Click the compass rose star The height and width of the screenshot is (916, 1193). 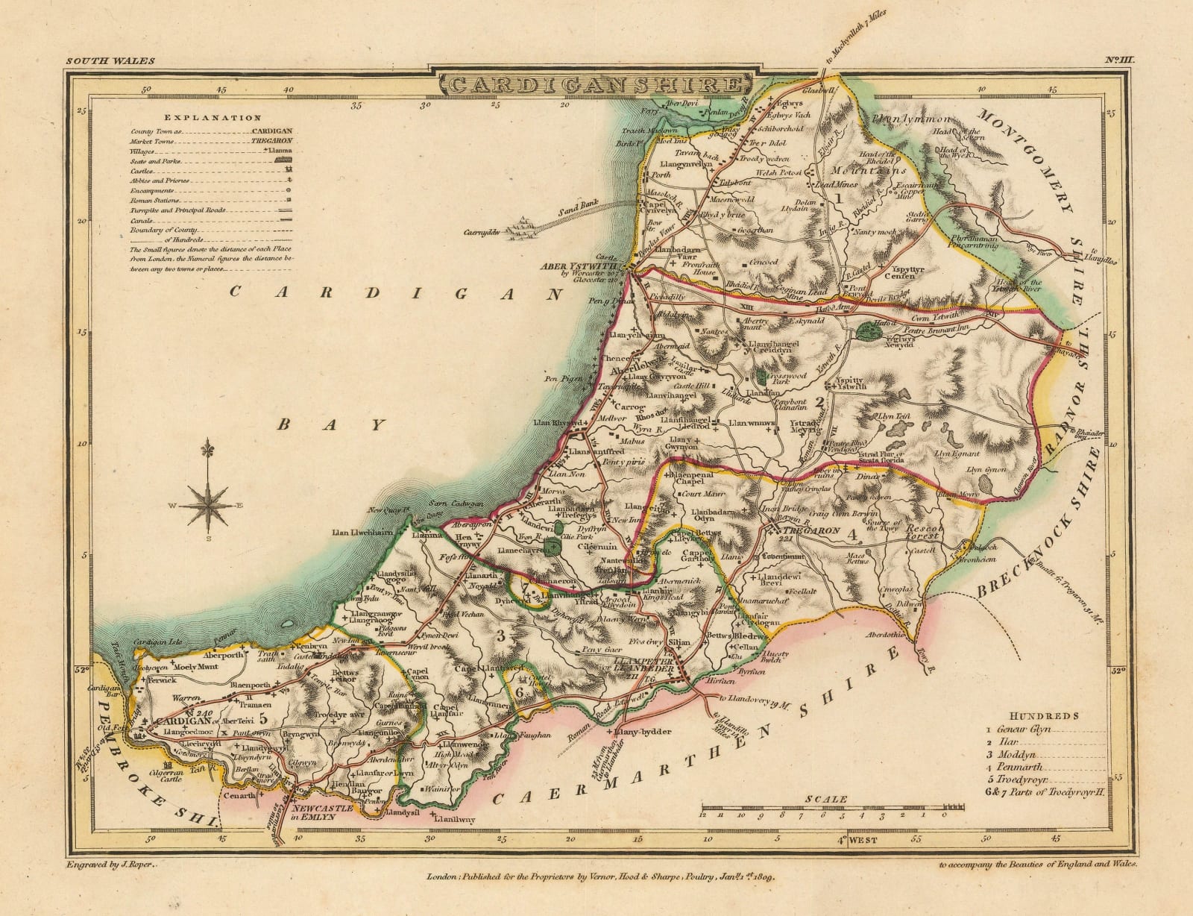click(x=208, y=505)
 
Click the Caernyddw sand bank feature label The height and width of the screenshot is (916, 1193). click(x=482, y=232)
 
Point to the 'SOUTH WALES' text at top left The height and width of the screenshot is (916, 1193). click(x=98, y=60)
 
